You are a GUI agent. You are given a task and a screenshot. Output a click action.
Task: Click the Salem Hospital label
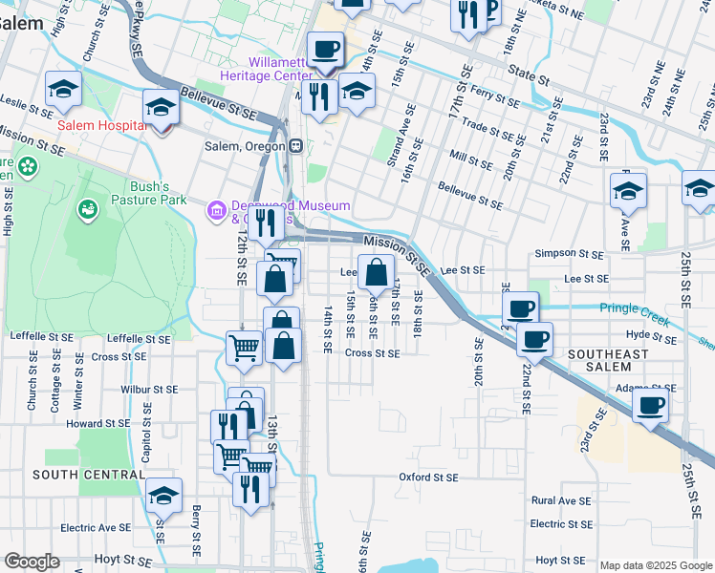pos(101,125)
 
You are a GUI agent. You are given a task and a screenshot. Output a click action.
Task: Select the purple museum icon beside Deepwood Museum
pos(216,208)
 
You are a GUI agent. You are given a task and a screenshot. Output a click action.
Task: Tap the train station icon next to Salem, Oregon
pos(296,146)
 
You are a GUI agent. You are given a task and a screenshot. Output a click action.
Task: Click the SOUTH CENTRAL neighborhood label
pos(74,475)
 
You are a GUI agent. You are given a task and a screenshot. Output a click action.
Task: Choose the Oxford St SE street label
pos(428,477)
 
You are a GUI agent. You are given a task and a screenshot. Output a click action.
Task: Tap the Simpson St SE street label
pos(569,254)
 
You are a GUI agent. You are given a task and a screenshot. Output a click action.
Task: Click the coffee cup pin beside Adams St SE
pos(650,405)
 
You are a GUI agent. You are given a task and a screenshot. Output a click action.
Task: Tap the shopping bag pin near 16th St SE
pos(376,272)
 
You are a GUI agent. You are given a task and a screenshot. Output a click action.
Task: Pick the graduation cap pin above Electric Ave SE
pos(164,495)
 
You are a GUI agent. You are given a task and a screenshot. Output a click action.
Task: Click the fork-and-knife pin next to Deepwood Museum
pos(266,224)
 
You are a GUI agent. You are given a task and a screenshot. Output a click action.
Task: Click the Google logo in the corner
pos(32,562)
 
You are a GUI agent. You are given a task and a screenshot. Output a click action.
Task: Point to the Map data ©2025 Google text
pos(656,565)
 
